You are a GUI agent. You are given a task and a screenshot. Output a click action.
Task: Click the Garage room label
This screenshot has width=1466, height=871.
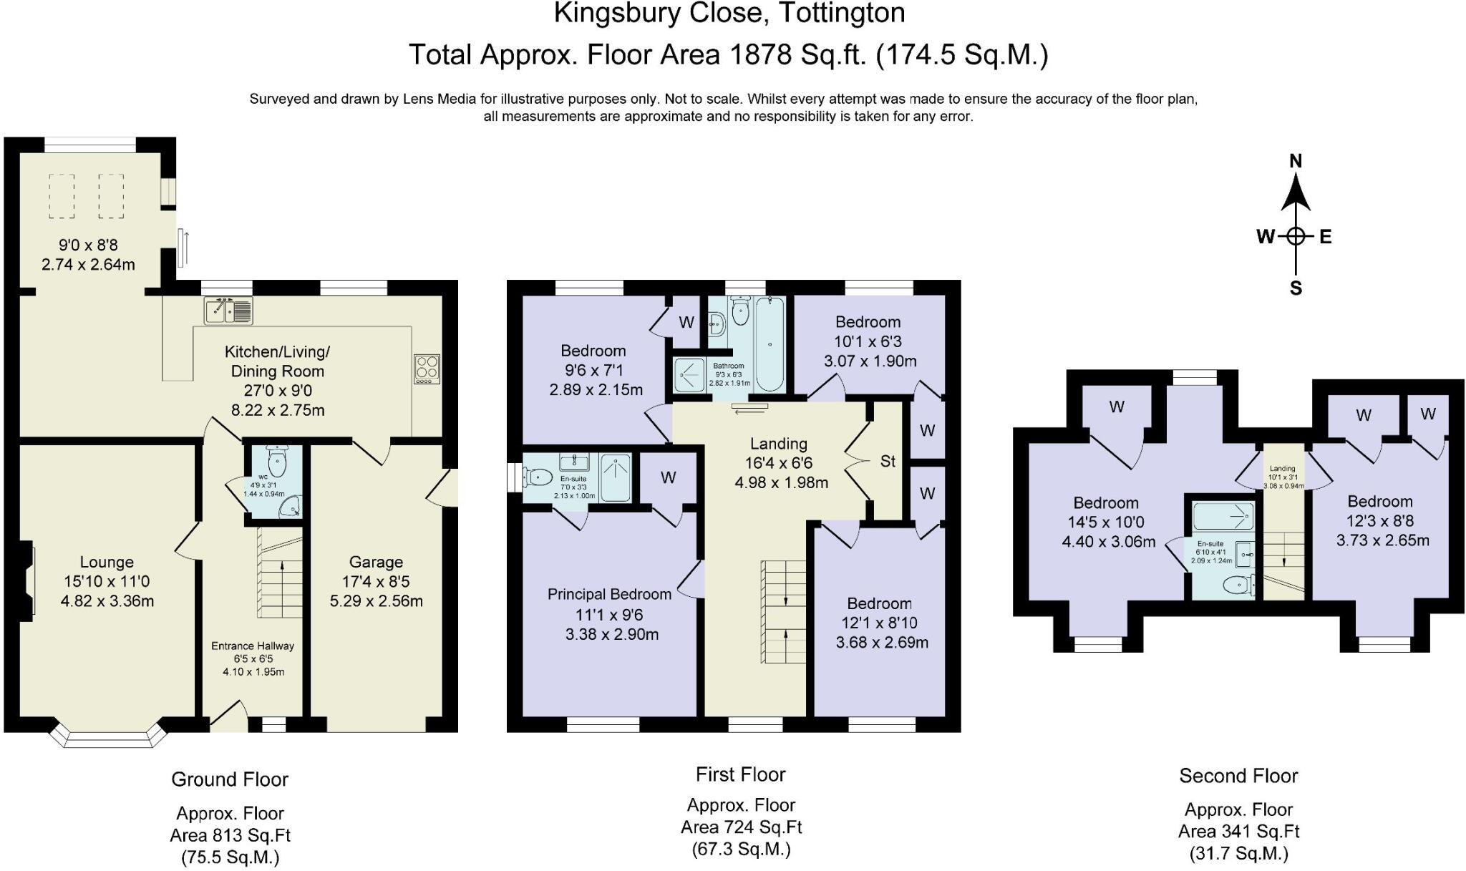(376, 562)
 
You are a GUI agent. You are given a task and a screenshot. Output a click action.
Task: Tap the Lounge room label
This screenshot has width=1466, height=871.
(107, 562)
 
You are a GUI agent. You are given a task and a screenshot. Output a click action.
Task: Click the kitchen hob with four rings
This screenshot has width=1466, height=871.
(427, 369)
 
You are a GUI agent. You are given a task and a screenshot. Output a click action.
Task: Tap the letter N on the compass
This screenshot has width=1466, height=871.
(1295, 162)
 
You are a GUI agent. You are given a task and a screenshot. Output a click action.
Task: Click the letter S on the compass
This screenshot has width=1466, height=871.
(1295, 288)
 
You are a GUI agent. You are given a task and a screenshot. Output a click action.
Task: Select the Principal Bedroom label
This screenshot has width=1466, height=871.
(609, 594)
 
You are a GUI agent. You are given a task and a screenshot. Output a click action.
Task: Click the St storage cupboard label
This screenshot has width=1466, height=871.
(888, 462)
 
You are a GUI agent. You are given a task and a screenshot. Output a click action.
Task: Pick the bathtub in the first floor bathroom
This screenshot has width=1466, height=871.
(770, 345)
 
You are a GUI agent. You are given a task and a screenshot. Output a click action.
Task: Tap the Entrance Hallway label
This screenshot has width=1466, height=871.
(252, 646)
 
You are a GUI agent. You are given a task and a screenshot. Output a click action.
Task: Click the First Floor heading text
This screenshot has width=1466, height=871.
(740, 774)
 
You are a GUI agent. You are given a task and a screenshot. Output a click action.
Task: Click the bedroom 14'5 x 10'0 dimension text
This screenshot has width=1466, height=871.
(1105, 522)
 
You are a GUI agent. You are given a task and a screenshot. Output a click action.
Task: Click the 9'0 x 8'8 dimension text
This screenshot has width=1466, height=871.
(88, 245)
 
